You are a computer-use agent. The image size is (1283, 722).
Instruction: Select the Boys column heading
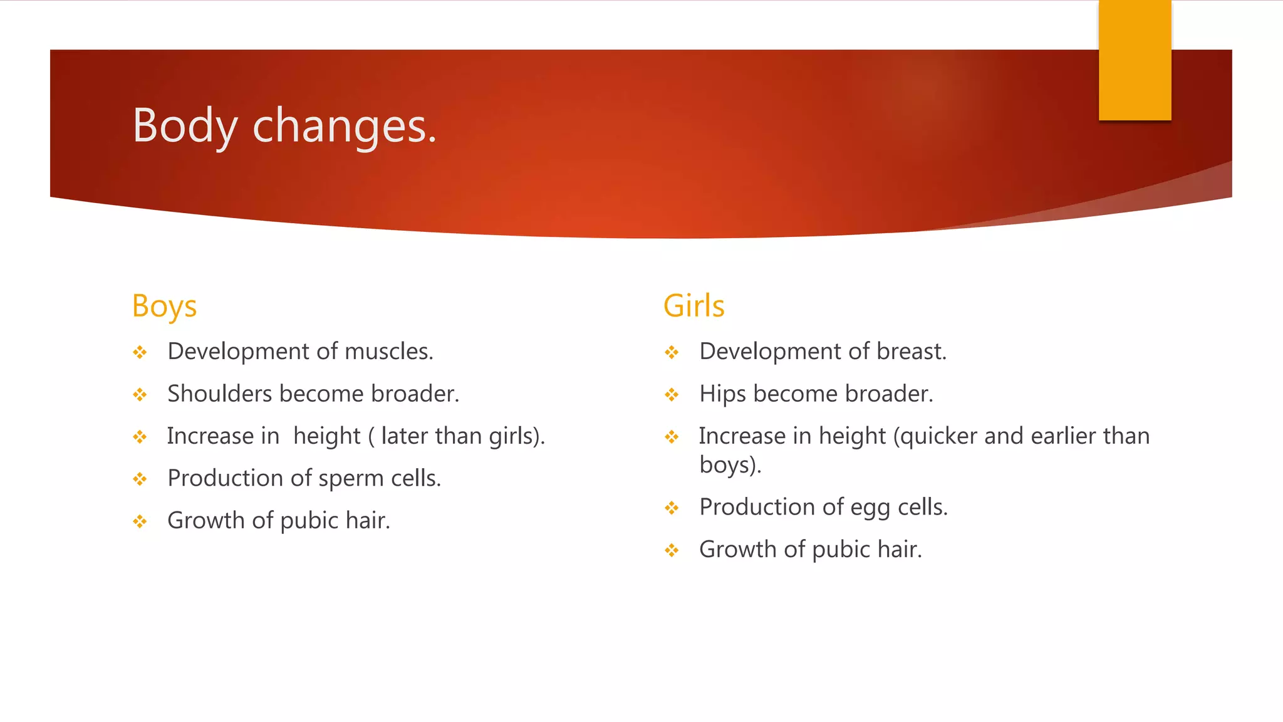tap(164, 306)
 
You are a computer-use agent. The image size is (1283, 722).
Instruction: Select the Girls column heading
tap(693, 306)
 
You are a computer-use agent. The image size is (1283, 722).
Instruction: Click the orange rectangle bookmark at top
tap(1135, 60)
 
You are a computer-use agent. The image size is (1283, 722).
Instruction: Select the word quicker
tap(935, 436)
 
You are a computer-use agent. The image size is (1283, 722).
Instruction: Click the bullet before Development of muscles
tap(140, 352)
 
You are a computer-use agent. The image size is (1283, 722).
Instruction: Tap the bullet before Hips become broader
tap(672, 395)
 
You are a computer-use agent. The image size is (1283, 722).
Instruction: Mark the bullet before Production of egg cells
tap(672, 508)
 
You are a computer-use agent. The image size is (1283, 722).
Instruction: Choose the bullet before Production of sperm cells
tap(140, 479)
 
